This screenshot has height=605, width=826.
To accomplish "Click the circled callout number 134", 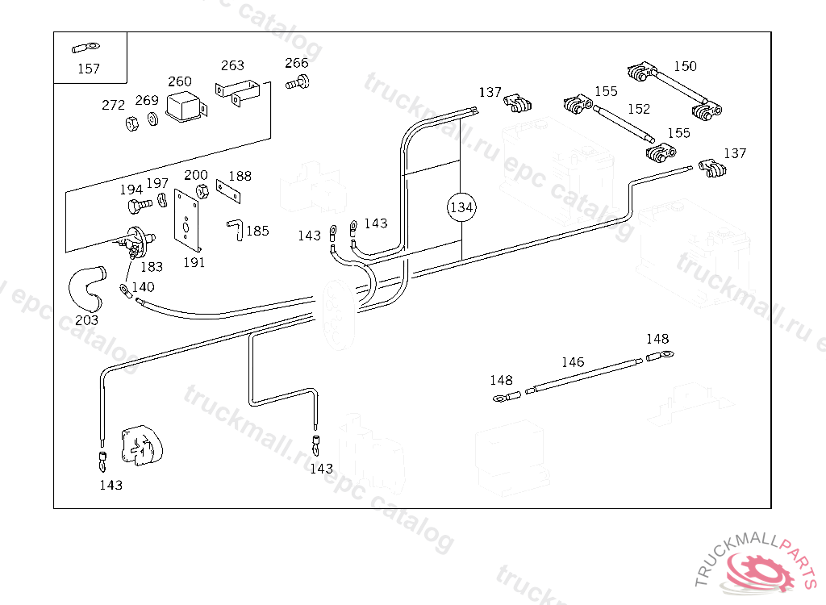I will coord(461,207).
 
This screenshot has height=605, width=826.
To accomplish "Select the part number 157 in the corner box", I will coord(89,69).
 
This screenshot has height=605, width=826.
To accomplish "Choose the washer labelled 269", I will coord(152,121).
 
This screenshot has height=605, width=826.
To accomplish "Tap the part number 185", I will coord(257,231).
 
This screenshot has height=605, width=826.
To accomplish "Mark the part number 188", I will coord(240,176).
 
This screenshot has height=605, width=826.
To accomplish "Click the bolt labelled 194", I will coord(136,206).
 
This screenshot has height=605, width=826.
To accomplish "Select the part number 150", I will coord(685,66).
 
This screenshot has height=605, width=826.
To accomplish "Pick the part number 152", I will coord(639,109).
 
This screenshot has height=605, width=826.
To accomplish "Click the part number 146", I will coord(573,362).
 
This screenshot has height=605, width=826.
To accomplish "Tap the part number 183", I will coord(152,266).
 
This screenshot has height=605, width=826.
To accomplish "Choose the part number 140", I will coord(143,286).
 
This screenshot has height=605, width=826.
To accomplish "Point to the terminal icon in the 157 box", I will coord(84,47).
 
